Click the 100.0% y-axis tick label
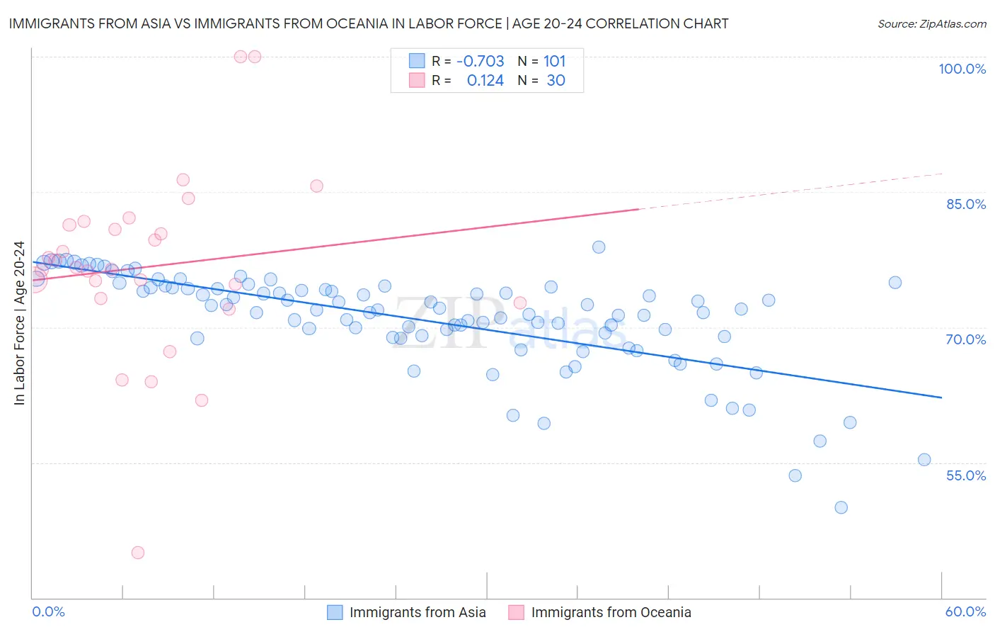(x=962, y=69)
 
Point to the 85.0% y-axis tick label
(x=966, y=204)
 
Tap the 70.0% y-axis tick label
(x=966, y=339)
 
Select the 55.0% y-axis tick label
(x=966, y=475)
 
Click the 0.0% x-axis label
(x=48, y=611)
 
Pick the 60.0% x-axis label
(x=965, y=611)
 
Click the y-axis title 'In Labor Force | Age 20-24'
(x=19, y=323)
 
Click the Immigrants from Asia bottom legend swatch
(x=335, y=612)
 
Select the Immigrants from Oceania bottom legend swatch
(x=517, y=612)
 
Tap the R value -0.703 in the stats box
(x=480, y=61)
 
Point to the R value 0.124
(x=485, y=81)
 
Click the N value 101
(x=554, y=61)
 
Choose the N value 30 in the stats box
(x=556, y=81)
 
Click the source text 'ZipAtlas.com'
(x=953, y=23)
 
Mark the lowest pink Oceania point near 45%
(x=138, y=553)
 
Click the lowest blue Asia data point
(x=841, y=507)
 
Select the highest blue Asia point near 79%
(x=599, y=247)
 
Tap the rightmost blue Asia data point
(x=924, y=460)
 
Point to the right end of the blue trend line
(x=941, y=397)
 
